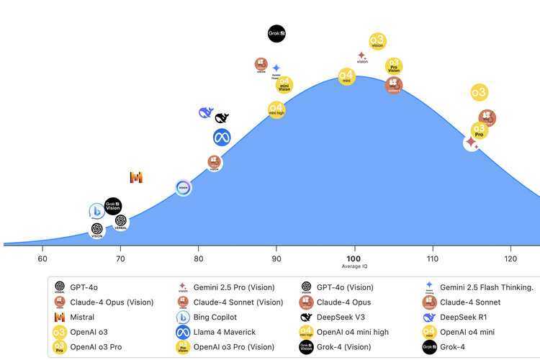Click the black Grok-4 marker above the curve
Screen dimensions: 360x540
277,33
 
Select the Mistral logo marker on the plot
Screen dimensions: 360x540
136,177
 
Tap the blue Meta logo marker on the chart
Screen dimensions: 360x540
222,138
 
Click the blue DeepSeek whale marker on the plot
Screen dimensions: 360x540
206,113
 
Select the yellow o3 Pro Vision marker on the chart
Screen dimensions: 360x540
393,66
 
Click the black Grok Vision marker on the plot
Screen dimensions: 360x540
113,206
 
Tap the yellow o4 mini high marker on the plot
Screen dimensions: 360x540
276,109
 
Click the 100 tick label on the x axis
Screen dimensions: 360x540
354,258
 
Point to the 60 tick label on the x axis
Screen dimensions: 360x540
42,258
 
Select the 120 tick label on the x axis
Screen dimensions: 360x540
510,258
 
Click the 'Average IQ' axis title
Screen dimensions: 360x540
354,267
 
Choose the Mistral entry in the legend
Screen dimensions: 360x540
81,317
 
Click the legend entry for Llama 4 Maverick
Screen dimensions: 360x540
223,332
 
